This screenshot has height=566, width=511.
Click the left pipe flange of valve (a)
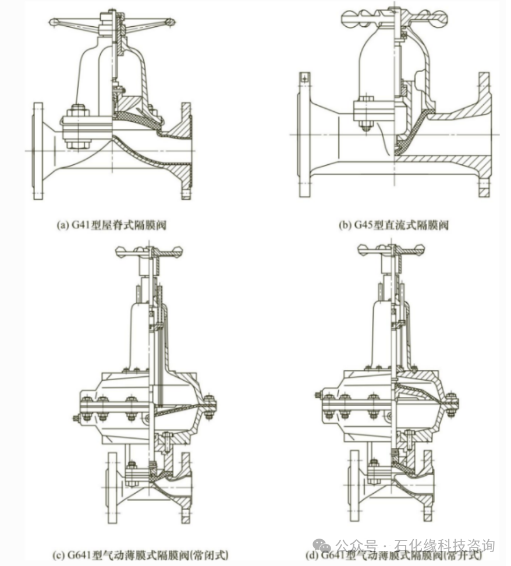click(38, 151)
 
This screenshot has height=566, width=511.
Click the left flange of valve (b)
click(304, 135)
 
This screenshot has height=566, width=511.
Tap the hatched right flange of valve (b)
click(484, 135)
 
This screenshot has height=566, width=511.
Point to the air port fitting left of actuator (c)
click(76, 418)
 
